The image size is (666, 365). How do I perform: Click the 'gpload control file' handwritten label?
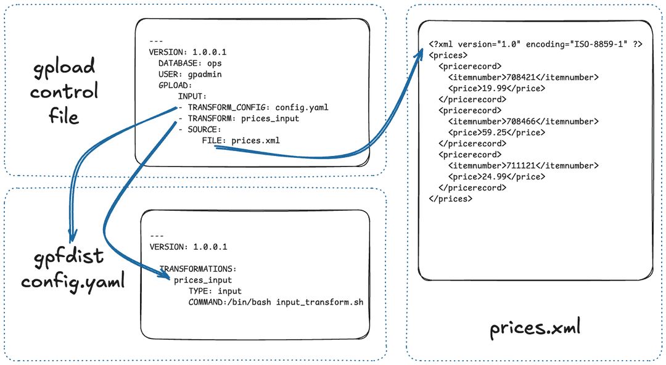tap(64, 91)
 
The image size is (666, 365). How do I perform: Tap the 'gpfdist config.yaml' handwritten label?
tap(73, 269)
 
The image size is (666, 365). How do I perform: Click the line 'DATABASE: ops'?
tap(189, 64)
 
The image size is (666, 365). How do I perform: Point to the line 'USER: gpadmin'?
tap(189, 75)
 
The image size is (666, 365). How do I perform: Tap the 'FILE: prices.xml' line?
tap(240, 141)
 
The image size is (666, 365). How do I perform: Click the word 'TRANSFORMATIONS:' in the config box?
tap(198, 269)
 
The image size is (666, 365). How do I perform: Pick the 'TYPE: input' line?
tap(215, 291)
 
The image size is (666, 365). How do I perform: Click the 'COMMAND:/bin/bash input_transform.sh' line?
tap(276, 302)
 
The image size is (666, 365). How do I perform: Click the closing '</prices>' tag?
tap(451, 199)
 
